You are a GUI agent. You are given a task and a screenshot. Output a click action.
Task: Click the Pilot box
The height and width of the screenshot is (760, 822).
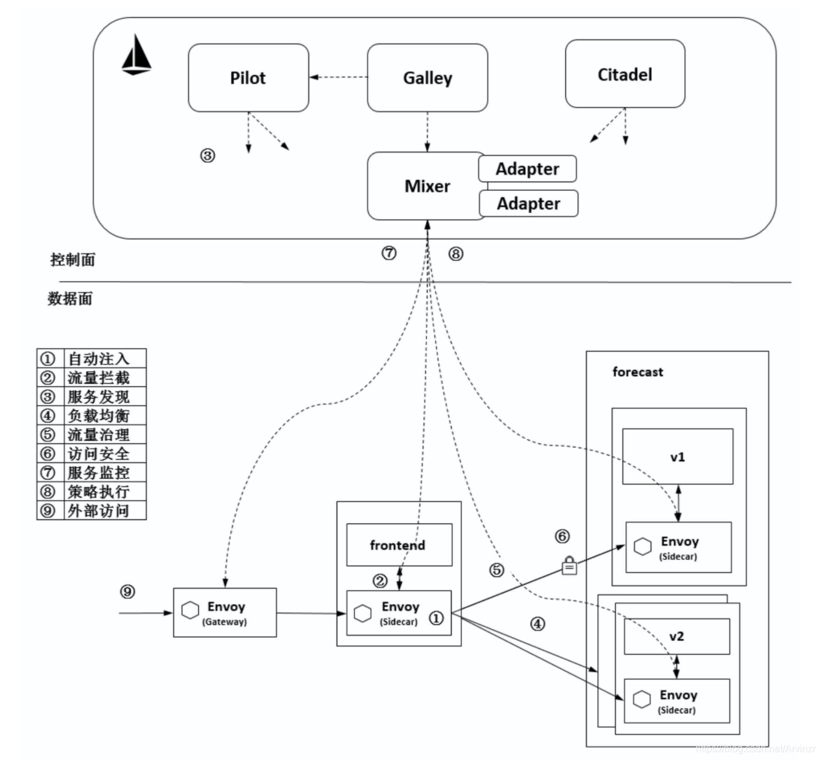[248, 78]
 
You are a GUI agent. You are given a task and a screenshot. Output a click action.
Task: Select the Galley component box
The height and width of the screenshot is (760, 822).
[427, 78]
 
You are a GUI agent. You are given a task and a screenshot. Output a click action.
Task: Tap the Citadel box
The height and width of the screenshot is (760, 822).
[625, 74]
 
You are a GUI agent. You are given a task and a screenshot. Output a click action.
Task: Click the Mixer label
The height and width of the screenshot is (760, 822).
[427, 186]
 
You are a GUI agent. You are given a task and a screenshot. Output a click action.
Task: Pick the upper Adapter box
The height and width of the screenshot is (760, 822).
[527, 169]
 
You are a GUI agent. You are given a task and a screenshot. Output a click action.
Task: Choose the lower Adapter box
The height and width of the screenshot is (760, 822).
[528, 204]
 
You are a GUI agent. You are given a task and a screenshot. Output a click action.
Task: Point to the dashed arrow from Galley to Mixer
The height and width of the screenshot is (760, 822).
[427, 132]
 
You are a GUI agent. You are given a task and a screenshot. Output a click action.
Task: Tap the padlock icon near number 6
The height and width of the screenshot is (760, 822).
[570, 565]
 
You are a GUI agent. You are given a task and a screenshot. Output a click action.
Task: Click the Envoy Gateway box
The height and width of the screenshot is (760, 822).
[225, 613]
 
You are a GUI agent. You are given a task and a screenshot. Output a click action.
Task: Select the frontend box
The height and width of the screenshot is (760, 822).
[399, 545]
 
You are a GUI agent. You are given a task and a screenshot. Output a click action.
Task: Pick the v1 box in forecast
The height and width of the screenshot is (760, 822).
[678, 457]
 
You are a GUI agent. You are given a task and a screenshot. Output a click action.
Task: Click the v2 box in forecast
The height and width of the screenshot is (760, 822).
[676, 637]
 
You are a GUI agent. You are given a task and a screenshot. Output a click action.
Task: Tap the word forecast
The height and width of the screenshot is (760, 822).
[638, 372]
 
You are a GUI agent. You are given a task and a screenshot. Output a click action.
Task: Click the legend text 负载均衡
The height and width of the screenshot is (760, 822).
[98, 416]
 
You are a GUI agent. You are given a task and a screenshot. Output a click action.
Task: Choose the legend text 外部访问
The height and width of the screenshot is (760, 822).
[98, 511]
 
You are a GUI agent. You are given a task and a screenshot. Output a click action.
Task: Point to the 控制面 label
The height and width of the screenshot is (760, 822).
[72, 260]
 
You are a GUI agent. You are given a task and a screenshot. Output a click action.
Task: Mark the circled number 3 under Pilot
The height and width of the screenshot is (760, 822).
[208, 156]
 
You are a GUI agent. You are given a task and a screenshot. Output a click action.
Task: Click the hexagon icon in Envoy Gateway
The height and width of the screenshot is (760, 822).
[190, 610]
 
